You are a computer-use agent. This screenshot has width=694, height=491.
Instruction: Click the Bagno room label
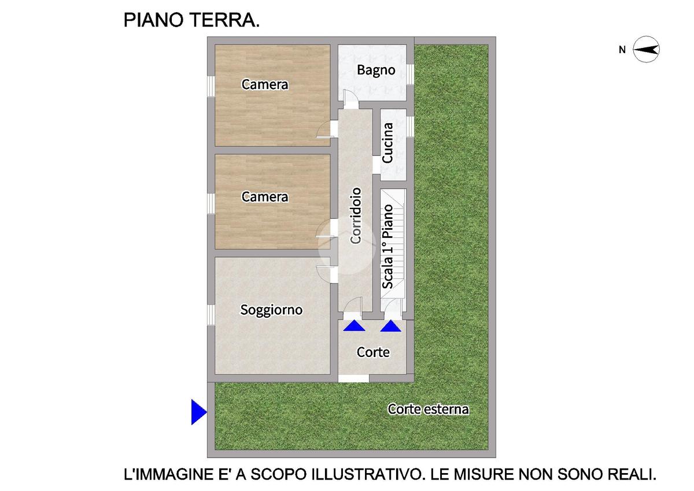(376, 70)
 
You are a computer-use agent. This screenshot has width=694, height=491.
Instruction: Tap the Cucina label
(387, 143)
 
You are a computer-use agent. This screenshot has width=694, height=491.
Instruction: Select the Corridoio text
(356, 215)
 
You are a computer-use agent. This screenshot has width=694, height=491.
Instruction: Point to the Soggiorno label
(271, 310)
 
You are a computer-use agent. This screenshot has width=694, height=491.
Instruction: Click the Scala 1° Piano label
(387, 247)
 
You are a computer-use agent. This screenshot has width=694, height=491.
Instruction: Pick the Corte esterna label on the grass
(429, 410)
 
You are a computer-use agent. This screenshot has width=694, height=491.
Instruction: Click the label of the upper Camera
(265, 84)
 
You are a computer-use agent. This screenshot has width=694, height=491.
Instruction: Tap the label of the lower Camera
(265, 197)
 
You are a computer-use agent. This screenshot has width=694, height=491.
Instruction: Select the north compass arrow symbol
(646, 50)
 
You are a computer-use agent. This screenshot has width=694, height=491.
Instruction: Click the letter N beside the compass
(622, 50)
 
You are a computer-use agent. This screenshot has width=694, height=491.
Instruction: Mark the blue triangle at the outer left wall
(199, 412)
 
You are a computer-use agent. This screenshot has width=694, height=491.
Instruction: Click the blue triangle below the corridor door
(354, 326)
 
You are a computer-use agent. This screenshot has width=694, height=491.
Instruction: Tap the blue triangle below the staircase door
(391, 326)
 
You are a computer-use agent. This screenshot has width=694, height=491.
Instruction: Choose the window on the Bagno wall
(410, 75)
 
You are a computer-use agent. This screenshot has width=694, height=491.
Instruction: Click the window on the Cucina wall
(410, 127)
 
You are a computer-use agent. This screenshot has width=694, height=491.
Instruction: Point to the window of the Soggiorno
(211, 315)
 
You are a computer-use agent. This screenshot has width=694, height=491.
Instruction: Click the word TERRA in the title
(224, 20)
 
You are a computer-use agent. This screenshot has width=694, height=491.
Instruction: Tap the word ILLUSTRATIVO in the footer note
(366, 474)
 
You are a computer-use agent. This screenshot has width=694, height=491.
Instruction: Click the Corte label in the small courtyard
(373, 352)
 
